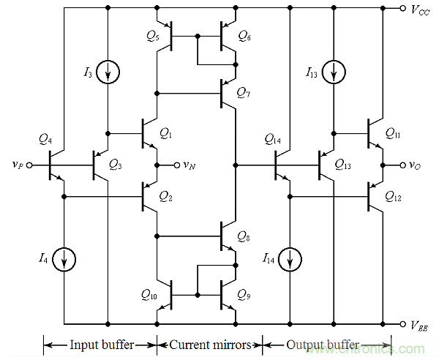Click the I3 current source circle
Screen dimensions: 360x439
(108, 72)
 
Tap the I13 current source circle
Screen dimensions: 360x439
(334, 72)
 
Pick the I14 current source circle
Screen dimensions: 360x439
(290, 258)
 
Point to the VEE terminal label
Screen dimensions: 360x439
(422, 326)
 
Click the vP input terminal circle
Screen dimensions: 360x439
(30, 166)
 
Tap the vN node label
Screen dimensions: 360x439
(189, 166)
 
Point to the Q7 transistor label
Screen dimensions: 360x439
(244, 92)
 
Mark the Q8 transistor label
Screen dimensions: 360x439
(244, 236)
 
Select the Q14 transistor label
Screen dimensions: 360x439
(272, 139)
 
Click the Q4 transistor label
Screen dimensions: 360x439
(45, 139)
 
